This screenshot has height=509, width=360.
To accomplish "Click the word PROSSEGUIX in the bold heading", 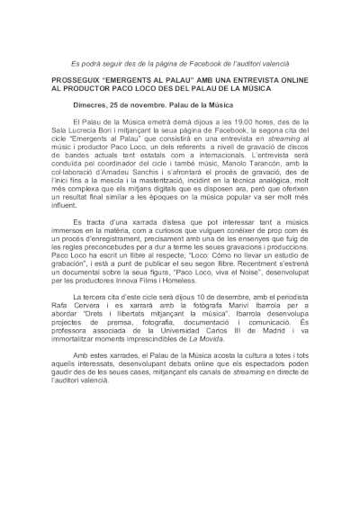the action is point(68,79).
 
